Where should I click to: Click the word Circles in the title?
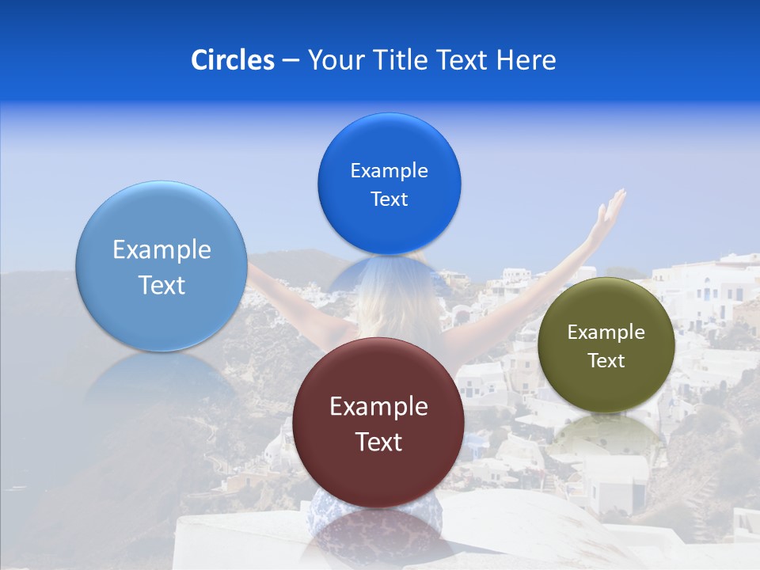[x=233, y=60]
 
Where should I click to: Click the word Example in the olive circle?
[x=606, y=332]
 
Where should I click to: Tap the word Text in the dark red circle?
[x=378, y=442]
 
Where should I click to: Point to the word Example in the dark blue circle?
[x=389, y=170]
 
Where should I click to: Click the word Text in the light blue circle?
[x=161, y=285]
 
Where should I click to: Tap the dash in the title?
[x=291, y=60]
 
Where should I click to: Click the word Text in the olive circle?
[x=606, y=360]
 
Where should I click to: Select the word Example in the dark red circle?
[x=378, y=407]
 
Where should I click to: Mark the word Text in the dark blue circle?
[x=389, y=199]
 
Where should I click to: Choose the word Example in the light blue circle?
[x=161, y=250]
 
